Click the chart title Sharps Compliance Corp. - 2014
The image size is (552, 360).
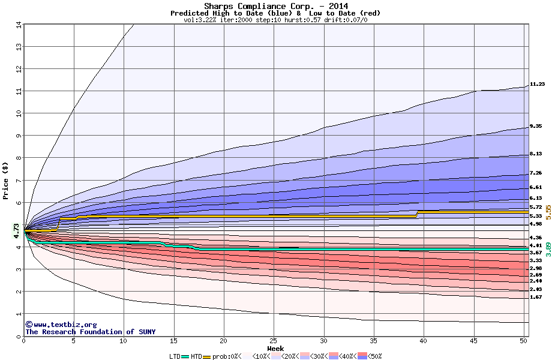coord(275,6)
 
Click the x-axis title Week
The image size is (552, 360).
coord(275,349)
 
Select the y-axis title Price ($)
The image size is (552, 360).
coord(5,180)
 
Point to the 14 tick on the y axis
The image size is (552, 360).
coord(18,25)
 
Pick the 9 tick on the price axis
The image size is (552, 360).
coord(19,136)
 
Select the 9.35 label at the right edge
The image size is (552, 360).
coord(536,127)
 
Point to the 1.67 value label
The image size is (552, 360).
coord(536,297)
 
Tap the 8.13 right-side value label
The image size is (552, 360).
coord(536,154)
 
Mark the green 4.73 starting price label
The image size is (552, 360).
coord(16,231)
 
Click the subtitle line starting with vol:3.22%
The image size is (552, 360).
coord(275,20)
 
